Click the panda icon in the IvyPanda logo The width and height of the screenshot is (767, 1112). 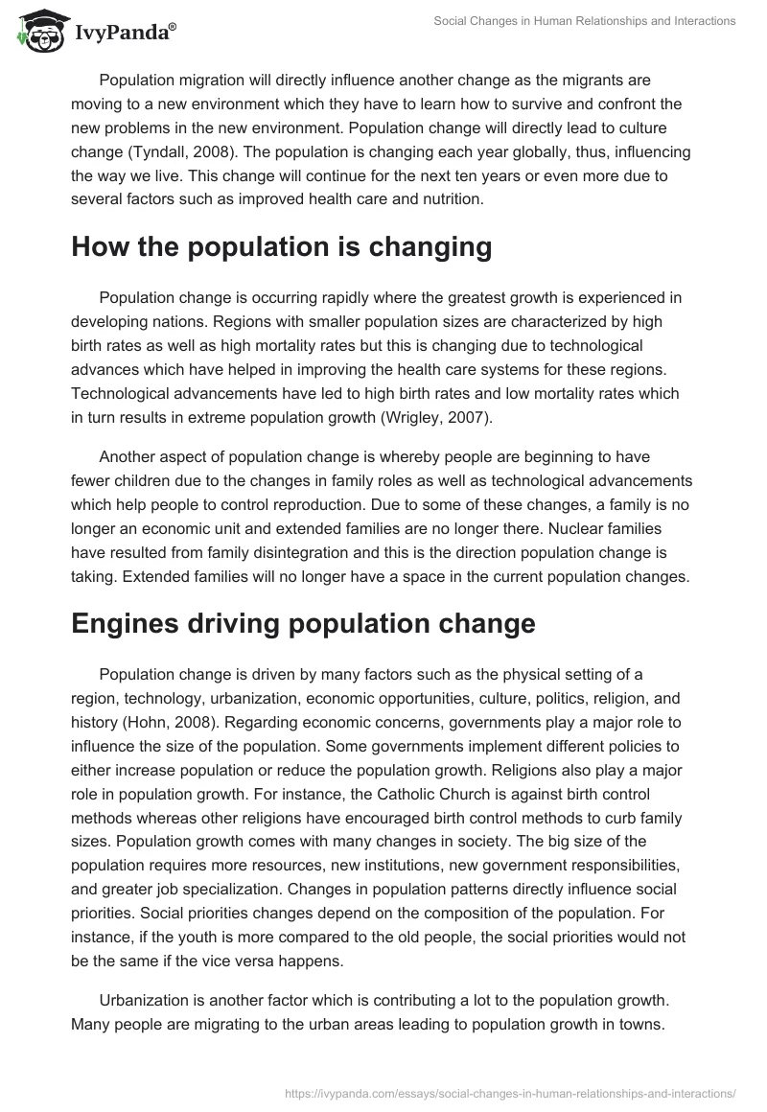36,33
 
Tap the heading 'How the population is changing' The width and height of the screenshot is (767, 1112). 281,246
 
